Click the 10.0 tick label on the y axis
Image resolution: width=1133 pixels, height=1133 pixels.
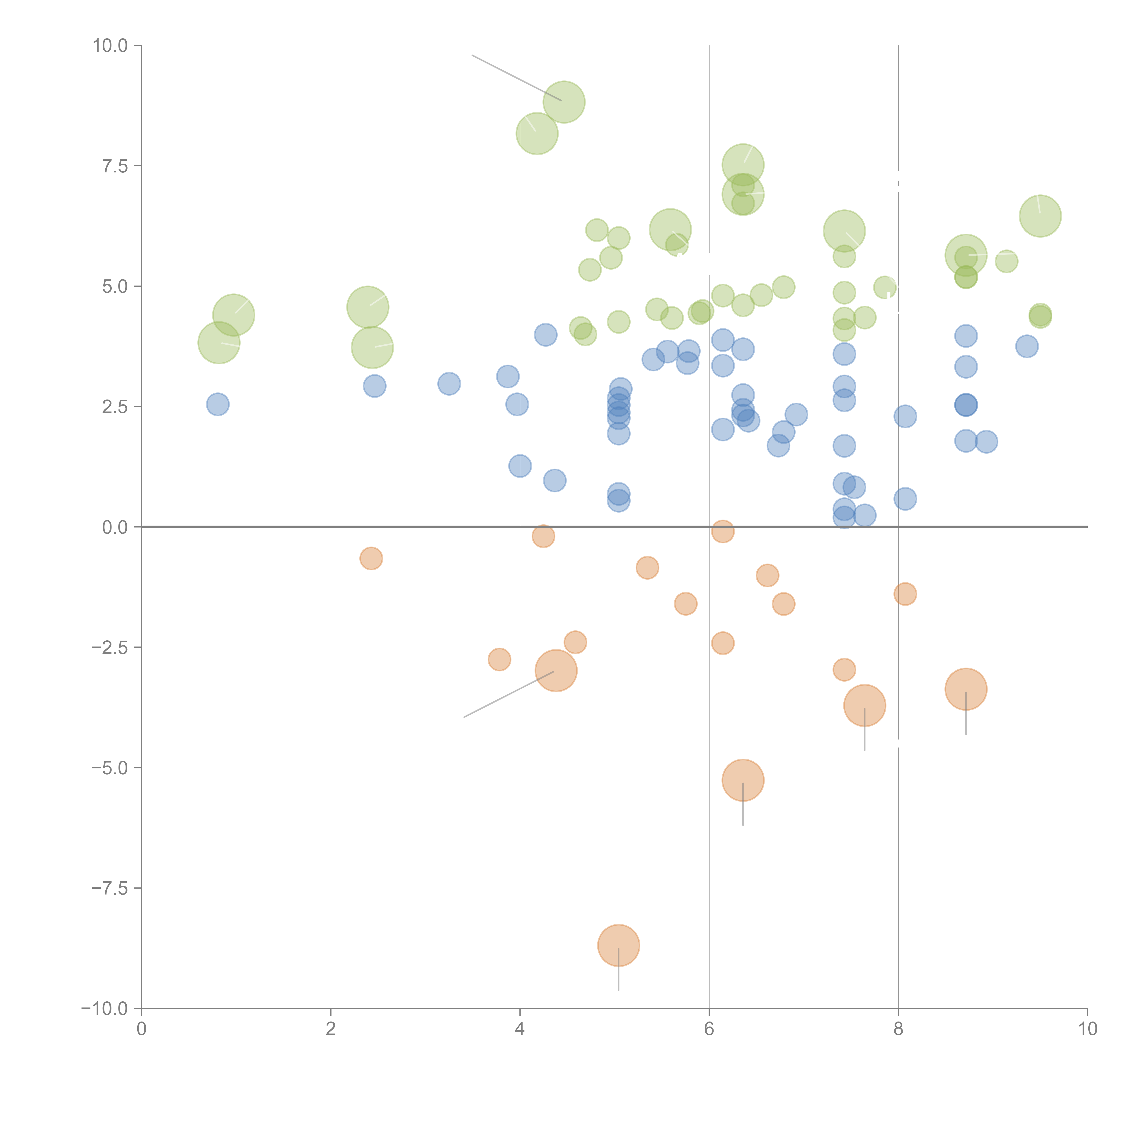(x=110, y=46)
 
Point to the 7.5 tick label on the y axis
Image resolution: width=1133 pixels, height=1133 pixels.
(x=115, y=166)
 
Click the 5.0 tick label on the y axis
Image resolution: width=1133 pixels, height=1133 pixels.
(x=115, y=287)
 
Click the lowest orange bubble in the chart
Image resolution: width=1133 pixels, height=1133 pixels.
(x=618, y=945)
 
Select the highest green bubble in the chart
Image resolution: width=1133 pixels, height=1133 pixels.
(x=564, y=102)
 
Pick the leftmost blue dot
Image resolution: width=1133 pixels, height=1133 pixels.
(x=218, y=405)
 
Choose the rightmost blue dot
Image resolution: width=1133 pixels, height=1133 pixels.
(x=1027, y=347)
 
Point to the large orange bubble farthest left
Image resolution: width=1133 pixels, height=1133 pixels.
(x=556, y=671)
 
